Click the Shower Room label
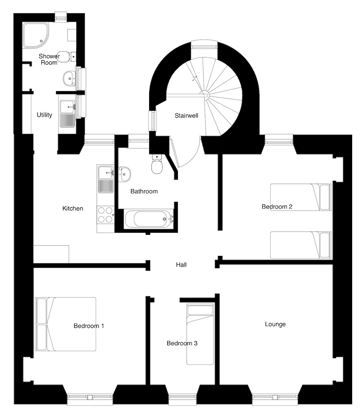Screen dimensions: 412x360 coord(49,59)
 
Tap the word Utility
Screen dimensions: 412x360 coord(44,115)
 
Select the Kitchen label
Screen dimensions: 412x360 coord(72,208)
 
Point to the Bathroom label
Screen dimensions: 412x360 coord(144,191)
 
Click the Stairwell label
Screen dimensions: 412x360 coord(186,116)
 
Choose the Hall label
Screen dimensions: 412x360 coord(181,265)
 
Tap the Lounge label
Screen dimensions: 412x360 coord(275,324)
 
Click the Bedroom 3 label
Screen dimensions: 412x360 coord(182,343)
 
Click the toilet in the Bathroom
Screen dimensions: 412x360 coord(157,165)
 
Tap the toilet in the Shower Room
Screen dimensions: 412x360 coord(65,56)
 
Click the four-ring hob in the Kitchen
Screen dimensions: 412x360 coord(105,214)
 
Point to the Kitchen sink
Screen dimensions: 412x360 coord(105,179)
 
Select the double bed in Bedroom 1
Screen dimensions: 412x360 coord(66,324)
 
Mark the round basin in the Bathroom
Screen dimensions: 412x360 coord(124,174)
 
